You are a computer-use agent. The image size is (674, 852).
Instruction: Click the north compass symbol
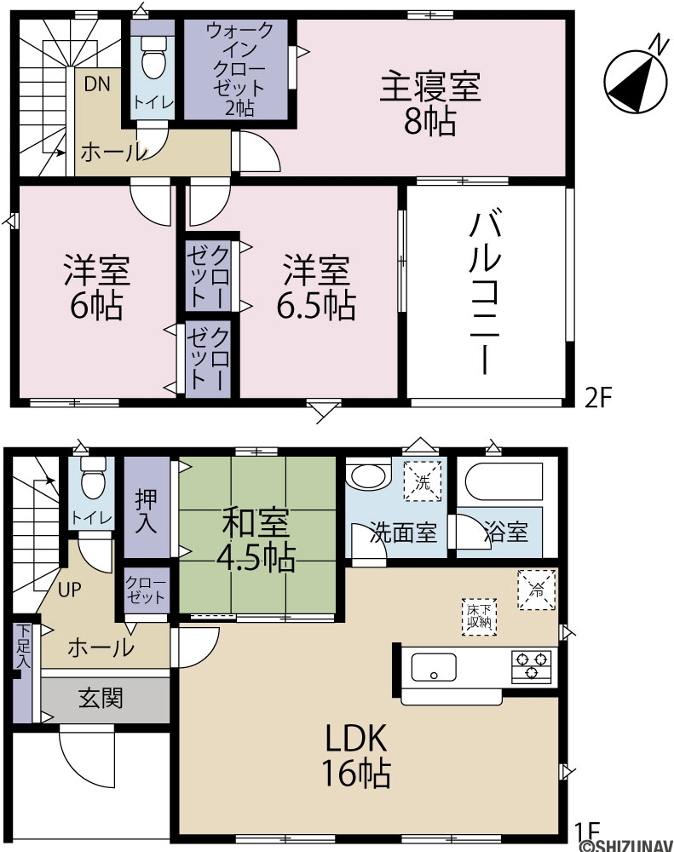(636, 82)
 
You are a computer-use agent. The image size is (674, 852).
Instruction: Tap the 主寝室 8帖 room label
(430, 104)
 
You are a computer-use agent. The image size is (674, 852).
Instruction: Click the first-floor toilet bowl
(93, 477)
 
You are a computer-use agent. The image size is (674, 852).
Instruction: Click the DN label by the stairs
(97, 83)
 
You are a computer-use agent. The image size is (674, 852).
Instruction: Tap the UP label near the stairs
(70, 590)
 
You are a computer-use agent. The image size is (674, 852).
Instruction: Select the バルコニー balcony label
(485, 294)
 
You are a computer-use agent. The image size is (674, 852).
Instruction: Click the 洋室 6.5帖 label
(316, 287)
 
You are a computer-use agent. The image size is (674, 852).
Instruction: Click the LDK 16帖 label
(356, 755)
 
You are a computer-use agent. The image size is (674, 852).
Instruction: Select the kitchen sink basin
(434, 667)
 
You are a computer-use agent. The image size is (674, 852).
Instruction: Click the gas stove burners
(531, 665)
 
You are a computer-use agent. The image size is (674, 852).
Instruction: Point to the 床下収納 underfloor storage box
(480, 616)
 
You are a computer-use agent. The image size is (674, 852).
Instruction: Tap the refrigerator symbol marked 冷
(537, 590)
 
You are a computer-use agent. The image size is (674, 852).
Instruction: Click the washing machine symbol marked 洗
(423, 481)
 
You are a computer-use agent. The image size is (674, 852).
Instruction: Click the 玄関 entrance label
(101, 699)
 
